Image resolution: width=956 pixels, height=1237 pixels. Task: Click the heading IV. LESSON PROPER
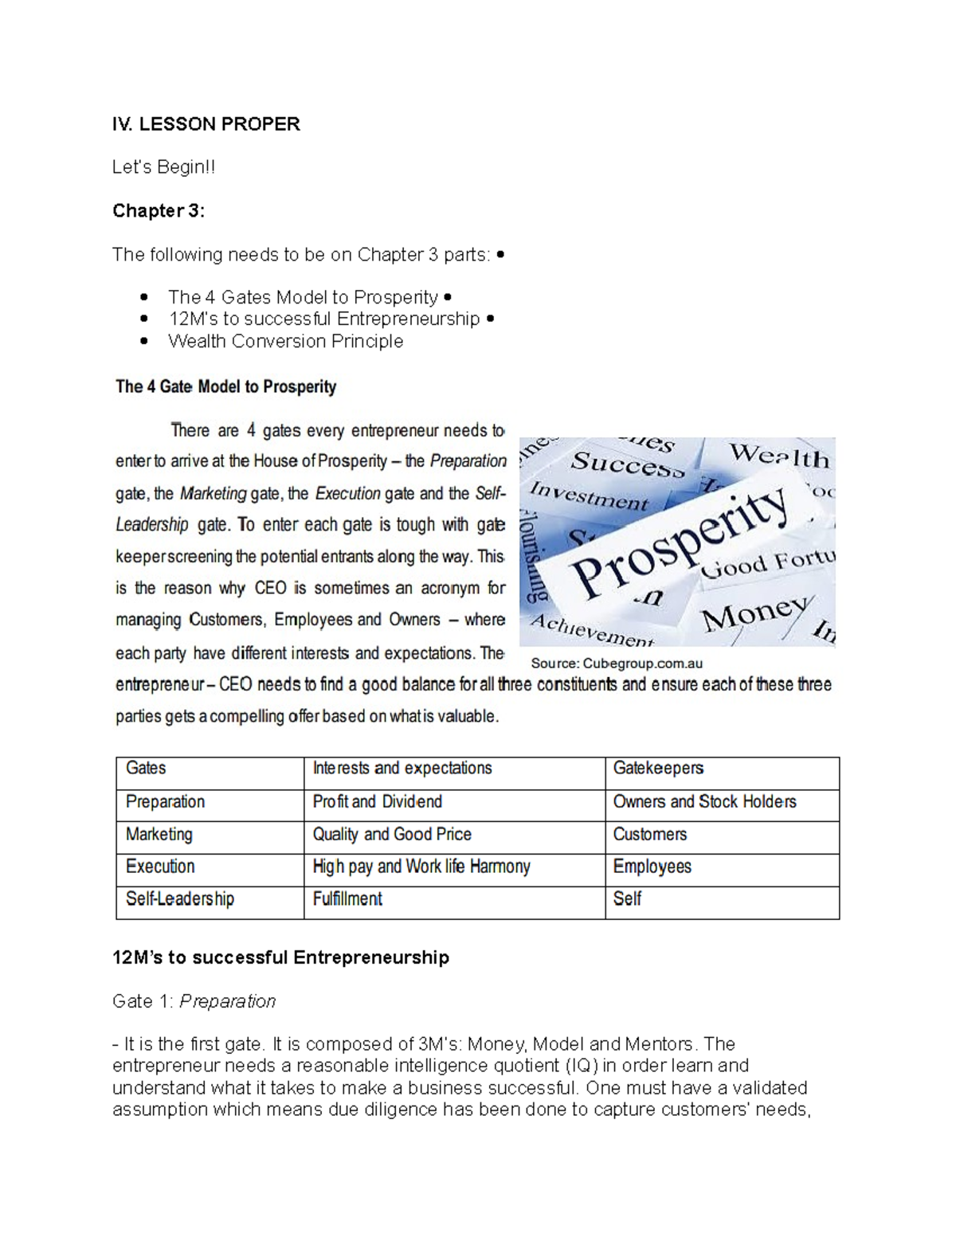[206, 124]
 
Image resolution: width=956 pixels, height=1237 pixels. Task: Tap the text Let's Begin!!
[163, 167]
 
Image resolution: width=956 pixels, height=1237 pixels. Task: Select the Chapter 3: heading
[159, 211]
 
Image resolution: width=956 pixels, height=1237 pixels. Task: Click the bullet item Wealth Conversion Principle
[285, 342]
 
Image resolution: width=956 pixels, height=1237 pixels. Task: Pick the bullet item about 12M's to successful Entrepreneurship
[323, 319]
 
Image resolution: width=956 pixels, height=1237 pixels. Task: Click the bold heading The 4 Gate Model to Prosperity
[226, 387]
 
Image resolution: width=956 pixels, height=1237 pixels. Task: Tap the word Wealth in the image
[779, 456]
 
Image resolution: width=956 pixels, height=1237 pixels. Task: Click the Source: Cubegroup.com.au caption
[617, 664]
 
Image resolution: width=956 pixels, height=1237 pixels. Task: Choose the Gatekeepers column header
[658, 769]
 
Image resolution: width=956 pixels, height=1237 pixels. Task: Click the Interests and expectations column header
[402, 769]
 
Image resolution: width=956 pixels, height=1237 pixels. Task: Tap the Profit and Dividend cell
[377, 802]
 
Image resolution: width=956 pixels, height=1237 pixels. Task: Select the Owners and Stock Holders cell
[704, 802]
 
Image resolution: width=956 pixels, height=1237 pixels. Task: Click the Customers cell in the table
[649, 835]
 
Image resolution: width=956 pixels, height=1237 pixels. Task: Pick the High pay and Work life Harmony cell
[421, 867]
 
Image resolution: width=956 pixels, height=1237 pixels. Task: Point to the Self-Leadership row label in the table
[180, 899]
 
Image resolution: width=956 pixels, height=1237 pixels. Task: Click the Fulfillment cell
[347, 899]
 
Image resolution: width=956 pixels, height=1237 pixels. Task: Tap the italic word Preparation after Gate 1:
[227, 1001]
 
